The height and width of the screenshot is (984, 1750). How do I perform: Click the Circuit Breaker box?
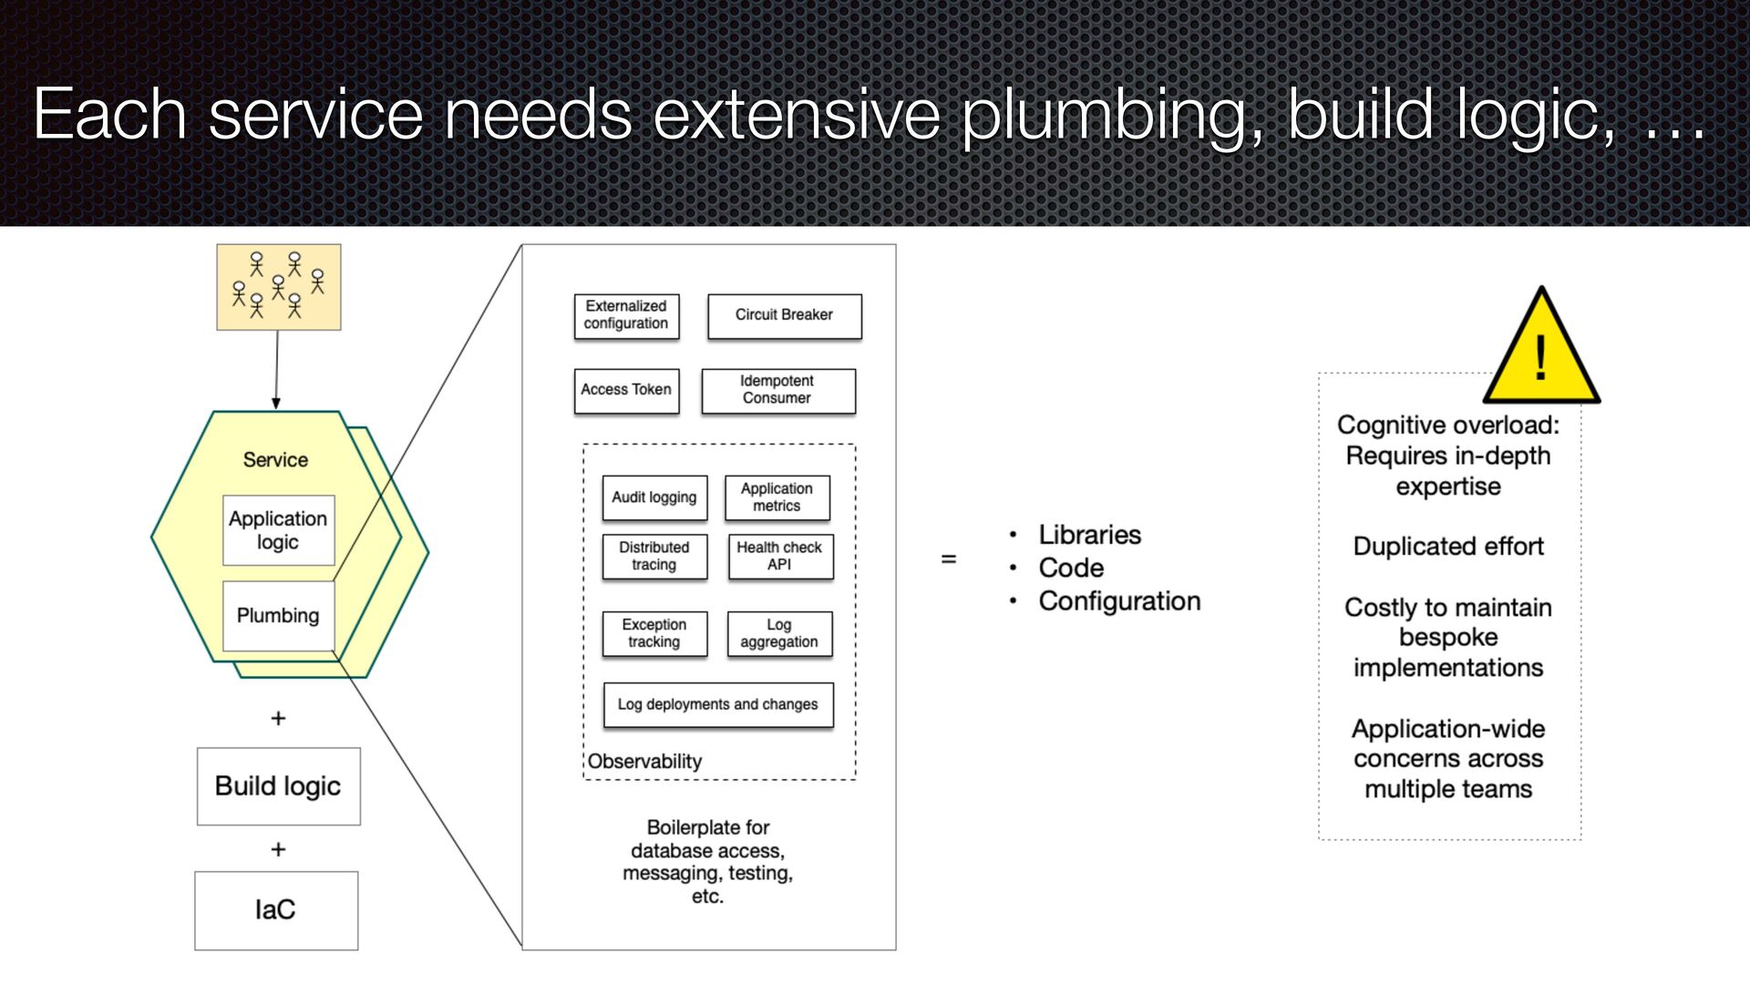(x=784, y=316)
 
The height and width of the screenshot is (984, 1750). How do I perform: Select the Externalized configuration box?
(x=626, y=315)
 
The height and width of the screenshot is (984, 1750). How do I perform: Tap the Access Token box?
(x=626, y=390)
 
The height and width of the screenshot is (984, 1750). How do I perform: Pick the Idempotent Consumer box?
(x=777, y=390)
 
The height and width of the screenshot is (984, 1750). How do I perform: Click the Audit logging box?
(x=654, y=497)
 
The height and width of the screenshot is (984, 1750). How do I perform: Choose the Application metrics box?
(x=777, y=497)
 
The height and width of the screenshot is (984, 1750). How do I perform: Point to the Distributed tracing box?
(x=654, y=556)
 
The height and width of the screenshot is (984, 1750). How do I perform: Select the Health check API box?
(x=779, y=556)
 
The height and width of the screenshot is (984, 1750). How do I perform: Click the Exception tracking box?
(x=654, y=633)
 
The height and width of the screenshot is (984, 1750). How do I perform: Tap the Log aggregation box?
(x=779, y=633)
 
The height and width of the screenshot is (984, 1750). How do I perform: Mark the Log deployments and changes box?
(x=718, y=704)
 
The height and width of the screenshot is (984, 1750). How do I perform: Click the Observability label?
(x=644, y=762)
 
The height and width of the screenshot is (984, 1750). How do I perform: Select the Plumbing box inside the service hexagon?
(x=278, y=616)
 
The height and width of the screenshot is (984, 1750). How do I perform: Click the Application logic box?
(x=278, y=530)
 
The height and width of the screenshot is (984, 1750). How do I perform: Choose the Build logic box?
(x=278, y=786)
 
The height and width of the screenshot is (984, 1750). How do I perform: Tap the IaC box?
(x=275, y=910)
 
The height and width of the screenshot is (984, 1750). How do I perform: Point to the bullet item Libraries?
(x=1089, y=535)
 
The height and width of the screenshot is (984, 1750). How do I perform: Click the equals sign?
(x=949, y=559)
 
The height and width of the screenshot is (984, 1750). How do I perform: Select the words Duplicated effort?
(x=1448, y=547)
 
